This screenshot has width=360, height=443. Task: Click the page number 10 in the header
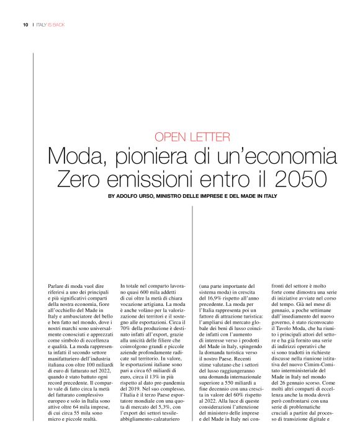pos(25,25)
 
